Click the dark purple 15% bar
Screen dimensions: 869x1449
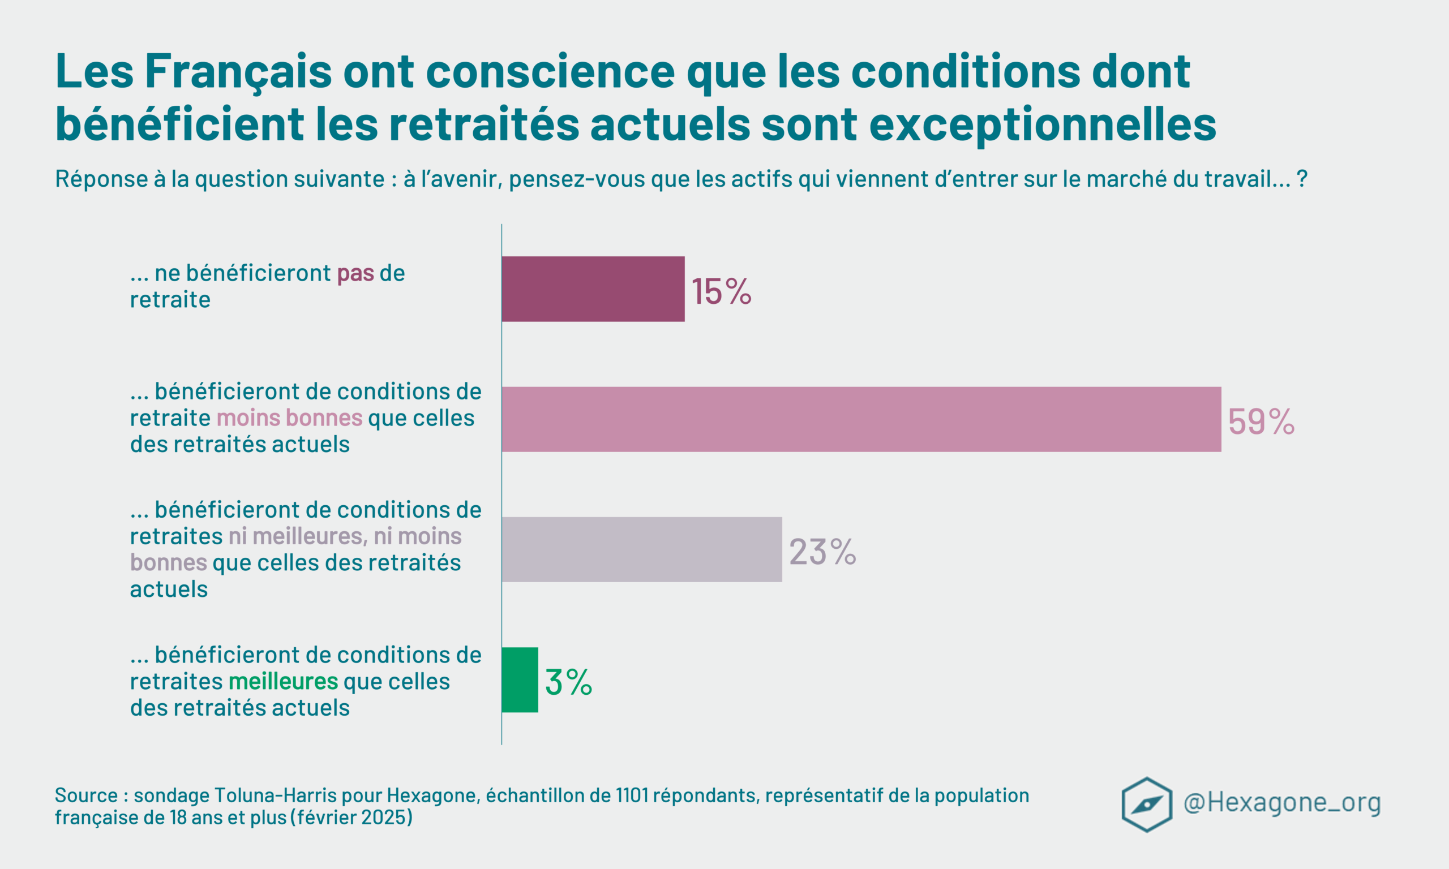593,289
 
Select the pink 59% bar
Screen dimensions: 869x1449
861,419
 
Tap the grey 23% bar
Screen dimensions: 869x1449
641,549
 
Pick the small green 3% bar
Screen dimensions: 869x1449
520,680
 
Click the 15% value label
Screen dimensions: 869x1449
721,291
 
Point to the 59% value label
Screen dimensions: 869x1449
1261,421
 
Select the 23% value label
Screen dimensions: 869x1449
822,552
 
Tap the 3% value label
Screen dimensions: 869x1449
568,682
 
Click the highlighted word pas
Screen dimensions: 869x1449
355,273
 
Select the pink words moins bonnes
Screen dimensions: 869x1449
289,418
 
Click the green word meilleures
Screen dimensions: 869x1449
283,682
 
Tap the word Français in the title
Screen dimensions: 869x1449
238,71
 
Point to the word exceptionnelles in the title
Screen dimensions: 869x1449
1043,124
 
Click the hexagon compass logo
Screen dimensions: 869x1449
1146,805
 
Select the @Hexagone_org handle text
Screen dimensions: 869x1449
1281,802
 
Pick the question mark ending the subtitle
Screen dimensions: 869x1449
1302,179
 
